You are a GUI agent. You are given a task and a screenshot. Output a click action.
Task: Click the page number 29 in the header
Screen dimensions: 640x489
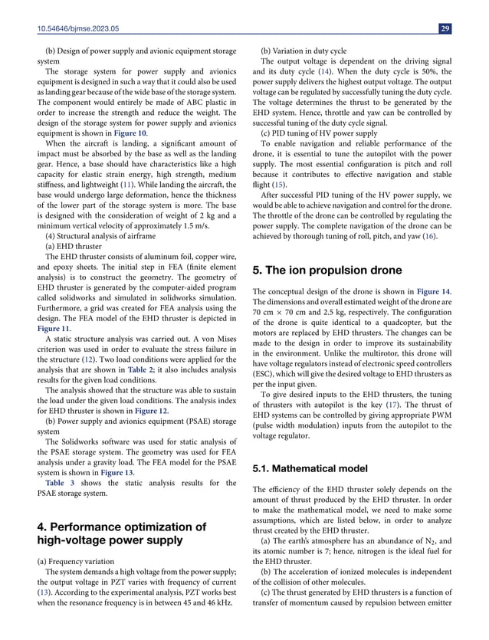445,28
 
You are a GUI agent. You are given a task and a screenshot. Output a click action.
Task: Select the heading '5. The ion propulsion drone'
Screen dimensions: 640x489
327,270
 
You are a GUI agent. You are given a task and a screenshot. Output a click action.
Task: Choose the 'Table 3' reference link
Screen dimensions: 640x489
59,482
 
